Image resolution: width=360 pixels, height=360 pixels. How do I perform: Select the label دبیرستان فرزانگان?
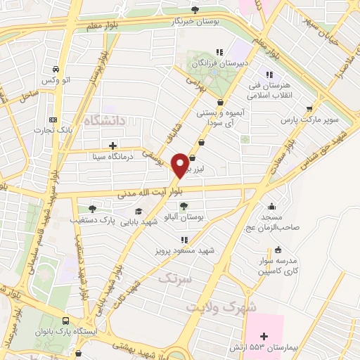click(219, 62)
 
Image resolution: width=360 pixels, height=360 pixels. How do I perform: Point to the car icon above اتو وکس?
click(54, 70)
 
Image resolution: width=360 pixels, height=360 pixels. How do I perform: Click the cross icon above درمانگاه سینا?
click(112, 146)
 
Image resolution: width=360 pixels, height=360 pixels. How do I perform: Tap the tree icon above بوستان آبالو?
click(184, 206)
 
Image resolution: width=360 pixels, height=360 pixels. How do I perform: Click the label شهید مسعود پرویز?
click(184, 250)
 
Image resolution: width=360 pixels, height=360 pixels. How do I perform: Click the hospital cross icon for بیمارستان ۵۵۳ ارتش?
click(264, 337)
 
